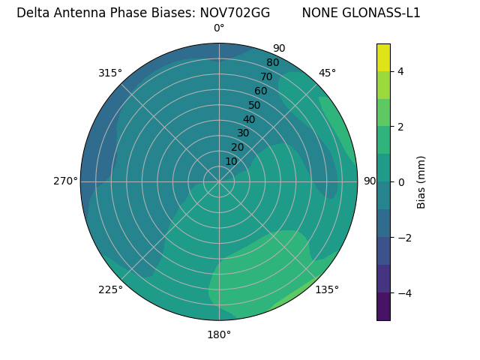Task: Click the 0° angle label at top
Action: pyautogui.click(x=219, y=28)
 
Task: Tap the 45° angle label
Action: pyautogui.click(x=327, y=73)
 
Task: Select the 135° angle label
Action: pyautogui.click(x=327, y=289)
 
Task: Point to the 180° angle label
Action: pyautogui.click(x=219, y=334)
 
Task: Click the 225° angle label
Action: pyautogui.click(x=110, y=289)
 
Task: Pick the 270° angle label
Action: pyautogui.click(x=65, y=181)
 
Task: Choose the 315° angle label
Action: pyautogui.click(x=110, y=73)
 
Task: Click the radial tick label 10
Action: pyautogui.click(x=231, y=161)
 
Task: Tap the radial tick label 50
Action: pyautogui.click(x=254, y=105)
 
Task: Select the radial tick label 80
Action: pyautogui.click(x=272, y=63)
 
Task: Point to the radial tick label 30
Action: pyautogui.click(x=243, y=133)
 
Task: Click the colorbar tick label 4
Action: pyautogui.click(x=400, y=72)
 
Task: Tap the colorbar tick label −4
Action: pyautogui.click(x=403, y=293)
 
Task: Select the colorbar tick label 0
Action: pyautogui.click(x=400, y=182)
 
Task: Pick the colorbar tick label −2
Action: pyautogui.click(x=403, y=238)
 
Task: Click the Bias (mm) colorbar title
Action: pyautogui.click(x=421, y=181)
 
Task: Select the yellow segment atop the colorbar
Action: pyautogui.click(x=383, y=58)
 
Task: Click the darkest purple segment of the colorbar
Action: pyautogui.click(x=383, y=306)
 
